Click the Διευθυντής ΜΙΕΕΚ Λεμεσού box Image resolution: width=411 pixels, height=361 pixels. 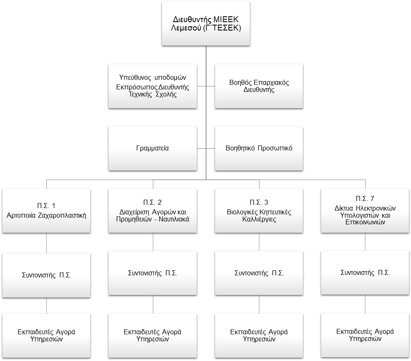(206, 23)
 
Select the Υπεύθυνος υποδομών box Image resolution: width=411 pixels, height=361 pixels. (152, 86)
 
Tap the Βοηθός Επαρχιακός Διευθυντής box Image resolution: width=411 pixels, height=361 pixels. (259, 86)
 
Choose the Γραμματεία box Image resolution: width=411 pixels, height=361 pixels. (152, 149)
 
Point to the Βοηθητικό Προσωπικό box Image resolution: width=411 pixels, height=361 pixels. (259, 149)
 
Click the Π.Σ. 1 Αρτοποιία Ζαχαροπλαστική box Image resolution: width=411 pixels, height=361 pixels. (46, 211)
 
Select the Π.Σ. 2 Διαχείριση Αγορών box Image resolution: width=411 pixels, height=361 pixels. (152, 211)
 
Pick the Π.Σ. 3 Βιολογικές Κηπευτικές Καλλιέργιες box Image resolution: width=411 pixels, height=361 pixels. (259, 211)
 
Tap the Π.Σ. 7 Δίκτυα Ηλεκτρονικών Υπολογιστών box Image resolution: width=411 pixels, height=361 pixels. (365, 211)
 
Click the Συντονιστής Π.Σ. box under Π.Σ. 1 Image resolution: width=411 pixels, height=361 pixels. (46, 275)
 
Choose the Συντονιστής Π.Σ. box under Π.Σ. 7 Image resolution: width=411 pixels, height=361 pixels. (365, 273)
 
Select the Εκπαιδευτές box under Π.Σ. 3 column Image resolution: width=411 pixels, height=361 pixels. (259, 336)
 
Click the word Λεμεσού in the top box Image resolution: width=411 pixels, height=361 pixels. (186, 28)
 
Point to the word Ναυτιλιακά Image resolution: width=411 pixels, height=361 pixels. (174, 219)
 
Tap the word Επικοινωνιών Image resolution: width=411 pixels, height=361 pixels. (365, 222)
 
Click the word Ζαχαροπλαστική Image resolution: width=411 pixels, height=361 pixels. (62, 216)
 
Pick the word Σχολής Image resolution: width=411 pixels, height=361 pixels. (166, 94)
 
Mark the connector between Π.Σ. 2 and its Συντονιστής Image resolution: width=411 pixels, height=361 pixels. (153, 242)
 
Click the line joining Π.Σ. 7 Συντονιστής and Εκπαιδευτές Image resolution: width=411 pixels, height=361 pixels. (365, 304)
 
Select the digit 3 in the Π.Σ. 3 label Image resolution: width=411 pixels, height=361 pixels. (266, 202)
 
